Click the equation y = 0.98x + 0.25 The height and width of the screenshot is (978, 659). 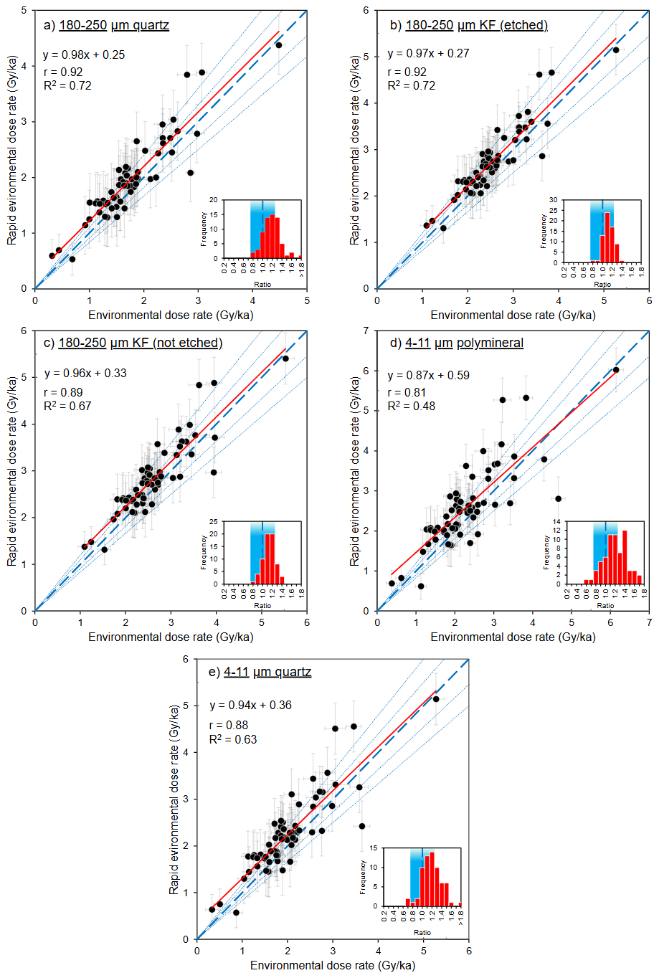[x=84, y=54]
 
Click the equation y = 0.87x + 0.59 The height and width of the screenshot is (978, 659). [x=428, y=375]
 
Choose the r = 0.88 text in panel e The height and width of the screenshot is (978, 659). [x=228, y=725]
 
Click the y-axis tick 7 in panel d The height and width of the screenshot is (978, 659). [x=366, y=331]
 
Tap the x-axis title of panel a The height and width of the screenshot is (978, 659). [x=171, y=315]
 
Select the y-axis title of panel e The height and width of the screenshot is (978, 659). [x=174, y=799]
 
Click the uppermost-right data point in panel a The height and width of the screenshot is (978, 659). [x=279, y=45]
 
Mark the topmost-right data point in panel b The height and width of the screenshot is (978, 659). [x=616, y=49]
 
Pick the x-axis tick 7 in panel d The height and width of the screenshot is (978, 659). [x=649, y=622]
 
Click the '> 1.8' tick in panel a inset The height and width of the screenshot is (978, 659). [x=302, y=269]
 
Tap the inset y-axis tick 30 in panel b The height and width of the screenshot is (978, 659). [x=553, y=200]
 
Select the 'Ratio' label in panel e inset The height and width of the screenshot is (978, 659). [x=422, y=933]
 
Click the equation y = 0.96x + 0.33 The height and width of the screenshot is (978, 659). [x=85, y=373]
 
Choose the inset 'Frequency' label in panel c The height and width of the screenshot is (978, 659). [x=204, y=553]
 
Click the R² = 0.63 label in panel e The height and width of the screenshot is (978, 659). [x=232, y=739]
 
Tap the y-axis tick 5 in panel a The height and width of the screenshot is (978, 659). [x=24, y=11]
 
